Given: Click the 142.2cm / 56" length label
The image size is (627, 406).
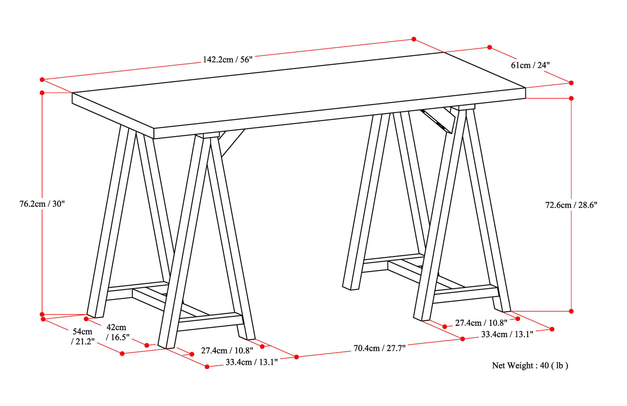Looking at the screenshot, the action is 227,59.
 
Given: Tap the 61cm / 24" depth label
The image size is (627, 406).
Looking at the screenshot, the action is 530,65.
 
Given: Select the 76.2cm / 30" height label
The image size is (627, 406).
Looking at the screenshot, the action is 42,204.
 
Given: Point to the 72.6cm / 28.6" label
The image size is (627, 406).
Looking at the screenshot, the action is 571,205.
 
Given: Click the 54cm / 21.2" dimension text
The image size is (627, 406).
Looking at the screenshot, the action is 82,336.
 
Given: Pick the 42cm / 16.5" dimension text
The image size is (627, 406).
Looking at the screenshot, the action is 117,332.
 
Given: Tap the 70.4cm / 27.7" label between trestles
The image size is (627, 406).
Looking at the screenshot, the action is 379,348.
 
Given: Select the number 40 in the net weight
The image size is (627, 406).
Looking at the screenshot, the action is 545,365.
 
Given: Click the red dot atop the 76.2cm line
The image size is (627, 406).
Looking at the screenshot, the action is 42,92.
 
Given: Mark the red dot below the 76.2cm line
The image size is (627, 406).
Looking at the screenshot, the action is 42,314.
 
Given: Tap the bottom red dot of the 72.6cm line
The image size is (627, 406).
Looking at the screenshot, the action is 571,311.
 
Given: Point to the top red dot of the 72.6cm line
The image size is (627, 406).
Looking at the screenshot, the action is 571,98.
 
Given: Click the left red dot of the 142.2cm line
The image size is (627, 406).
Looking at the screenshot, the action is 42,80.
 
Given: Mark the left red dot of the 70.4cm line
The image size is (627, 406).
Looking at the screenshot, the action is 296,357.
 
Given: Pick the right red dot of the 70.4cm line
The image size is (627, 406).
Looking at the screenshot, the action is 463,339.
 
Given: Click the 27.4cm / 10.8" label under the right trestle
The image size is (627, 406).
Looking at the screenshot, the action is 481,323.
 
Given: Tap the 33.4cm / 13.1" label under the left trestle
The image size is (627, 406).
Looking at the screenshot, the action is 252,362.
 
